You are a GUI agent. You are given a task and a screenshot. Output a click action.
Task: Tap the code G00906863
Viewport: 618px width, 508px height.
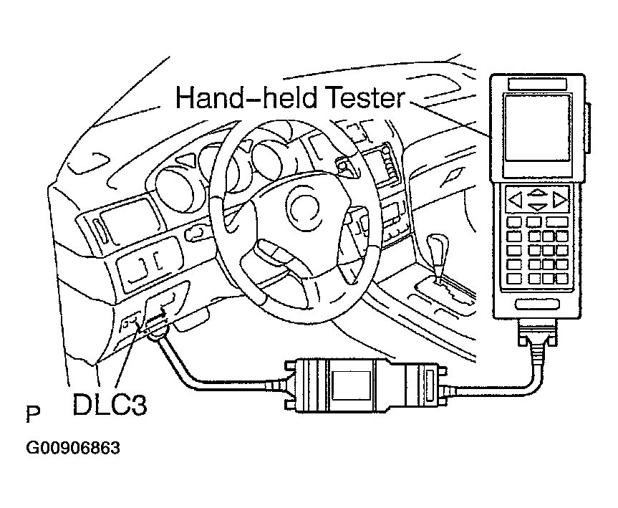pyautogui.click(x=73, y=449)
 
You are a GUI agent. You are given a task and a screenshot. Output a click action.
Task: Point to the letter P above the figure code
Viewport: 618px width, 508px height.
pyautogui.click(x=33, y=414)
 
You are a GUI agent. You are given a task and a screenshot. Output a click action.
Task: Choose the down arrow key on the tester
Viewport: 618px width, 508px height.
pyautogui.click(x=536, y=206)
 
